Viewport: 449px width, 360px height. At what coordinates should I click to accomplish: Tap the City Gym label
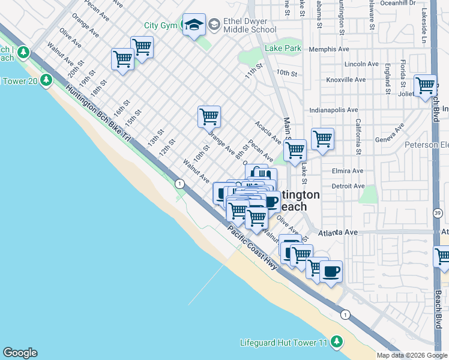(160, 26)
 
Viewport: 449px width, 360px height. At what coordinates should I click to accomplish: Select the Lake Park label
(283, 48)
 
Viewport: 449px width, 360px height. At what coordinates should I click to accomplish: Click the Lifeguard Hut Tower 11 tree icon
(337, 341)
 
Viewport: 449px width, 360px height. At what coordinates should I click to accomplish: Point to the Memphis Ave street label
(329, 49)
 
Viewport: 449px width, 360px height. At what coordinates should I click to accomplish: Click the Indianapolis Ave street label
(334, 110)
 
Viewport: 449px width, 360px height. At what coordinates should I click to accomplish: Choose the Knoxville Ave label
(346, 79)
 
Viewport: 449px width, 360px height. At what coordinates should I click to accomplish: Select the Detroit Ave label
(348, 186)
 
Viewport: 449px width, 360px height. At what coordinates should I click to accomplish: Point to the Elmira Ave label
(348, 171)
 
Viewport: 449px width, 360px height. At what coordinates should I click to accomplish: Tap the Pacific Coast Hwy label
(252, 247)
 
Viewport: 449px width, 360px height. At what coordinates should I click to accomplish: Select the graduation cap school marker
(194, 25)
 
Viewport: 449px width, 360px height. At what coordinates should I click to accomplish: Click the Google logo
(20, 353)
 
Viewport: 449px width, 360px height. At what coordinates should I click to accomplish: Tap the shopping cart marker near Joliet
(425, 86)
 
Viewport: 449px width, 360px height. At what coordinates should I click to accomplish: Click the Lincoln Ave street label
(361, 64)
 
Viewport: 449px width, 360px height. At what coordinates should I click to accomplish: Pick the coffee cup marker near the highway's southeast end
(331, 272)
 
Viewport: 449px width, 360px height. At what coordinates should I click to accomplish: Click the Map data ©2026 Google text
(412, 355)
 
